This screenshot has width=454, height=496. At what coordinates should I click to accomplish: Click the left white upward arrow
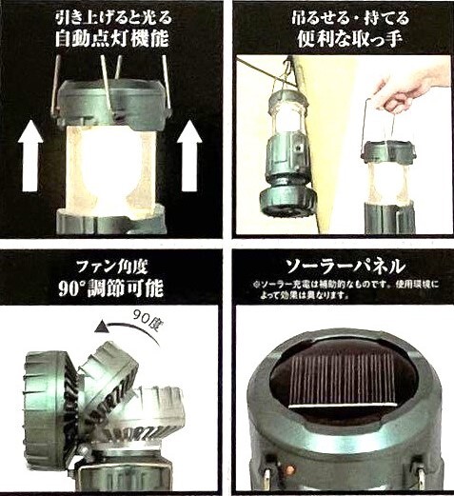point(30,155)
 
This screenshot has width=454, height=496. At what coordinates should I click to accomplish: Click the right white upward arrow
point(189,155)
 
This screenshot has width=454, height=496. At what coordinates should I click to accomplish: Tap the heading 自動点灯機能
point(111,39)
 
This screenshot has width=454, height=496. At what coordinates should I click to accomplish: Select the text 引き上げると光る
point(113,17)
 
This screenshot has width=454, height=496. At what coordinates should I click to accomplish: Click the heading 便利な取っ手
point(350,39)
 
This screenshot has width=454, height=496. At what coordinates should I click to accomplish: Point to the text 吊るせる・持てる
point(350,17)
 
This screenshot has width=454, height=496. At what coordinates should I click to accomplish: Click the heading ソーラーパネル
point(345,267)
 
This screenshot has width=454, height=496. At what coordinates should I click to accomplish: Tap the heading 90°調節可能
point(111,288)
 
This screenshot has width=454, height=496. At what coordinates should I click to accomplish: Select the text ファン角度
point(112,267)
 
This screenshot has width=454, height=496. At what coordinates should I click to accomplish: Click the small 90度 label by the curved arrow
point(145,318)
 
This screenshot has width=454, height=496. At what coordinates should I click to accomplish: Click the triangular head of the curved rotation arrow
point(102,327)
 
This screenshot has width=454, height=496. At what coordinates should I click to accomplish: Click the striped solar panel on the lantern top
point(343,380)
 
